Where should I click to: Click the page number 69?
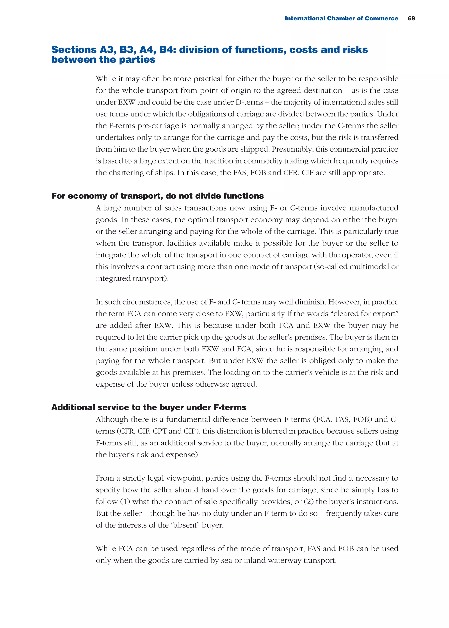click(x=411, y=18)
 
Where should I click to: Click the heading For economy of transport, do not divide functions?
click(x=157, y=196)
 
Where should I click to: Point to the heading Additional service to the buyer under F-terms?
click(x=149, y=407)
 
